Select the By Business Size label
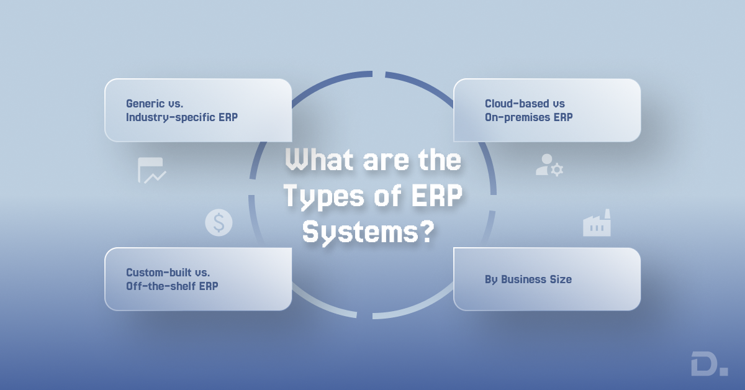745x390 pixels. [x=528, y=279]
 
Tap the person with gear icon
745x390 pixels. [x=549, y=165]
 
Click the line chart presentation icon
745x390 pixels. [x=151, y=170]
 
